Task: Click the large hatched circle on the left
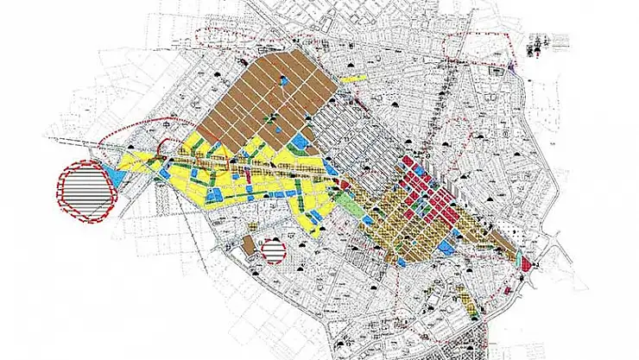pos(85,191)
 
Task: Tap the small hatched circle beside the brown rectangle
pos(273,251)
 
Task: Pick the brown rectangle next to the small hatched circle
pos(248,245)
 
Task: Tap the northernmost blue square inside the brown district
pos(284,81)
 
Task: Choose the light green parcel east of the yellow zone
pos(345,205)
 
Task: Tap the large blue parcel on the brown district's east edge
pos(301,141)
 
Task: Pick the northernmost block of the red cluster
pos(407,161)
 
